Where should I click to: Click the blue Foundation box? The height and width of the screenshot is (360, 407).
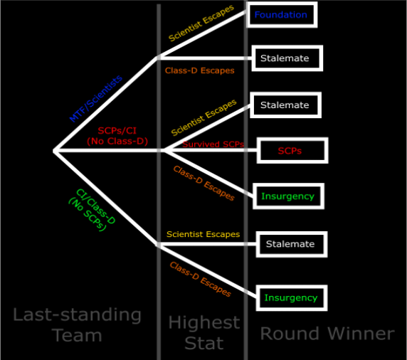(x=282, y=14)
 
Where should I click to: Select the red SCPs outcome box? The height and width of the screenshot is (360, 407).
(x=292, y=151)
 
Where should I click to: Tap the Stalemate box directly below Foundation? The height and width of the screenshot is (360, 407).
(x=287, y=58)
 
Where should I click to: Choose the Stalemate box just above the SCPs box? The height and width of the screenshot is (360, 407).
(x=285, y=105)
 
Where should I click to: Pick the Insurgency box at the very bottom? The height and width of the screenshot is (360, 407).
(x=292, y=297)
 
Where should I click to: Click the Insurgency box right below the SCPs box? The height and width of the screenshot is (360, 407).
(x=288, y=196)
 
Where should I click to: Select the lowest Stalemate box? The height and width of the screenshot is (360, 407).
(x=292, y=244)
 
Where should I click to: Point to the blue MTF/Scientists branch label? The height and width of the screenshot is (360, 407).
(x=96, y=98)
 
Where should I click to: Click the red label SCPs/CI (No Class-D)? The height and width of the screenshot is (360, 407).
(x=117, y=136)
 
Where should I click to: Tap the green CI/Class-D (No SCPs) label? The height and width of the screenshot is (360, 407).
(x=92, y=210)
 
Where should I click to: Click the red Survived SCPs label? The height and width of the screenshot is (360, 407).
(x=213, y=144)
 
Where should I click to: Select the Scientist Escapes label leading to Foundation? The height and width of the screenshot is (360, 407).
(x=201, y=23)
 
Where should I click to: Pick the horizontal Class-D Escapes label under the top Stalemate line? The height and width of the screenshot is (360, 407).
(x=200, y=70)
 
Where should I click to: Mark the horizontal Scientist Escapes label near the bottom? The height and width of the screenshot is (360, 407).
(x=203, y=234)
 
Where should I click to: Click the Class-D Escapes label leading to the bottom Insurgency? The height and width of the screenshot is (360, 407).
(x=200, y=279)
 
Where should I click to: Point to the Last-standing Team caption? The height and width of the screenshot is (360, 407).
(x=77, y=324)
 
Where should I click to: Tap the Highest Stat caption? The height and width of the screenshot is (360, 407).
(x=204, y=332)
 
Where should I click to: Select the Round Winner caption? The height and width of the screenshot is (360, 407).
(x=327, y=334)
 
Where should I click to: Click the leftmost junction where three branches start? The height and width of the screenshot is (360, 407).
(x=55, y=151)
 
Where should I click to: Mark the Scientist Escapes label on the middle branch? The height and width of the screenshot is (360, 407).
(x=203, y=117)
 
